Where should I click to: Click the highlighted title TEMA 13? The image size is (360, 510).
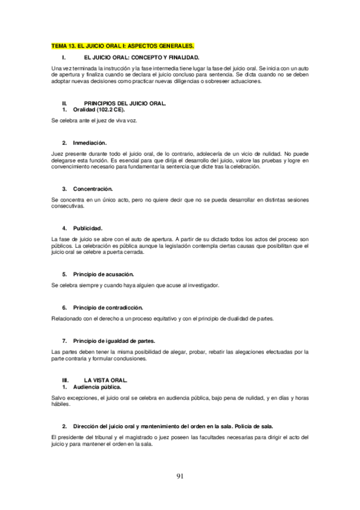pyautogui.click(x=123, y=46)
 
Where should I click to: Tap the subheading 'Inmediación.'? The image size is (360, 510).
pyautogui.click(x=90, y=143)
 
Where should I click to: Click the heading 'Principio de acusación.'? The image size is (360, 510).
pyautogui.click(x=103, y=274)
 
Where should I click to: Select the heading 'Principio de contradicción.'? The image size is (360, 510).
pyautogui.click(x=108, y=307)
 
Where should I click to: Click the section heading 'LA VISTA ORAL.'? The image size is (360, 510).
pyautogui.click(x=106, y=381)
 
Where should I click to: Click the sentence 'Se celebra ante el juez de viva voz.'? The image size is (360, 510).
pyautogui.click(x=94, y=121)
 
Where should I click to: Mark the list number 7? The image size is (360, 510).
pyautogui.click(x=64, y=340)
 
